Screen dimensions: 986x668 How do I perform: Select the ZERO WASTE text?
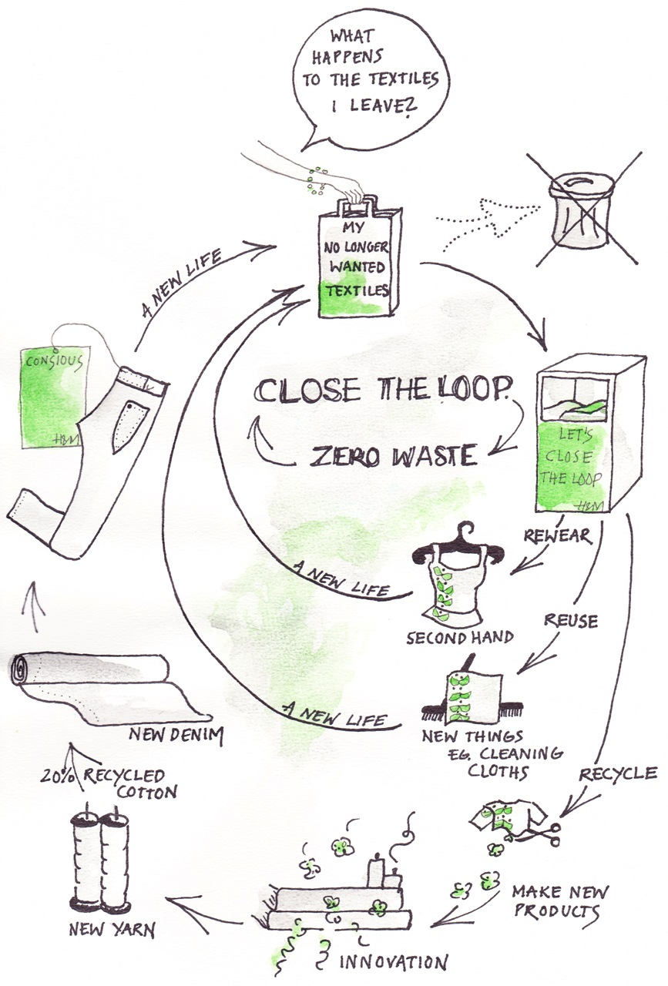[393, 455]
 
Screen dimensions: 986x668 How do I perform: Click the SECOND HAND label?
[460, 638]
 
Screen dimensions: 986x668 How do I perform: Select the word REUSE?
[570, 619]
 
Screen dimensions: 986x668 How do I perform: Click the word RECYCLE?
[618, 773]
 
